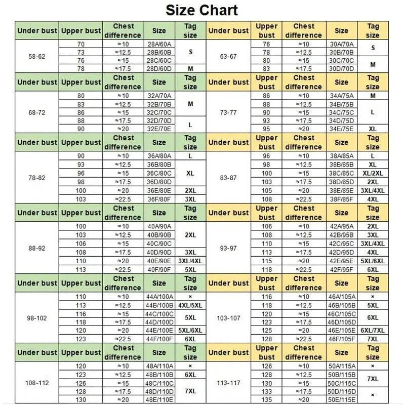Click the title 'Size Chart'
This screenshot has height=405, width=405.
202,10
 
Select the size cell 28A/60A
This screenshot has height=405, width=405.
159,45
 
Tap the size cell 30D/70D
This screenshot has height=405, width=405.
342,68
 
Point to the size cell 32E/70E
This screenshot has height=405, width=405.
159,129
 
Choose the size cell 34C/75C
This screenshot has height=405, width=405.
342,112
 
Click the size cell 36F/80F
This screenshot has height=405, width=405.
159,199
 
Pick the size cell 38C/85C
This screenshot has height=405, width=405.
342,173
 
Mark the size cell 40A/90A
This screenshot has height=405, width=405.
159,226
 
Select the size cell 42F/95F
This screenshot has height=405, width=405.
342,269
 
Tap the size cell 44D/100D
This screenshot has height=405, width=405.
159,322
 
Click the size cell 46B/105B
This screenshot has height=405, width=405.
342,305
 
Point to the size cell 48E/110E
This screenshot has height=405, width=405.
159,400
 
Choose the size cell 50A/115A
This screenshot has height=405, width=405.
342,366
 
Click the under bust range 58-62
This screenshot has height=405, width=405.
37,56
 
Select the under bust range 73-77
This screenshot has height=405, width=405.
229,112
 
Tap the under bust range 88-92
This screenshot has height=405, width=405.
37,248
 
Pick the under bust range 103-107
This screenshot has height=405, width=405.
229,318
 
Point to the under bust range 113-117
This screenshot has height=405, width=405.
229,383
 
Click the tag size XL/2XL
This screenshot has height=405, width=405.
373,173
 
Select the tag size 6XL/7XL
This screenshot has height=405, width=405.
373,330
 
